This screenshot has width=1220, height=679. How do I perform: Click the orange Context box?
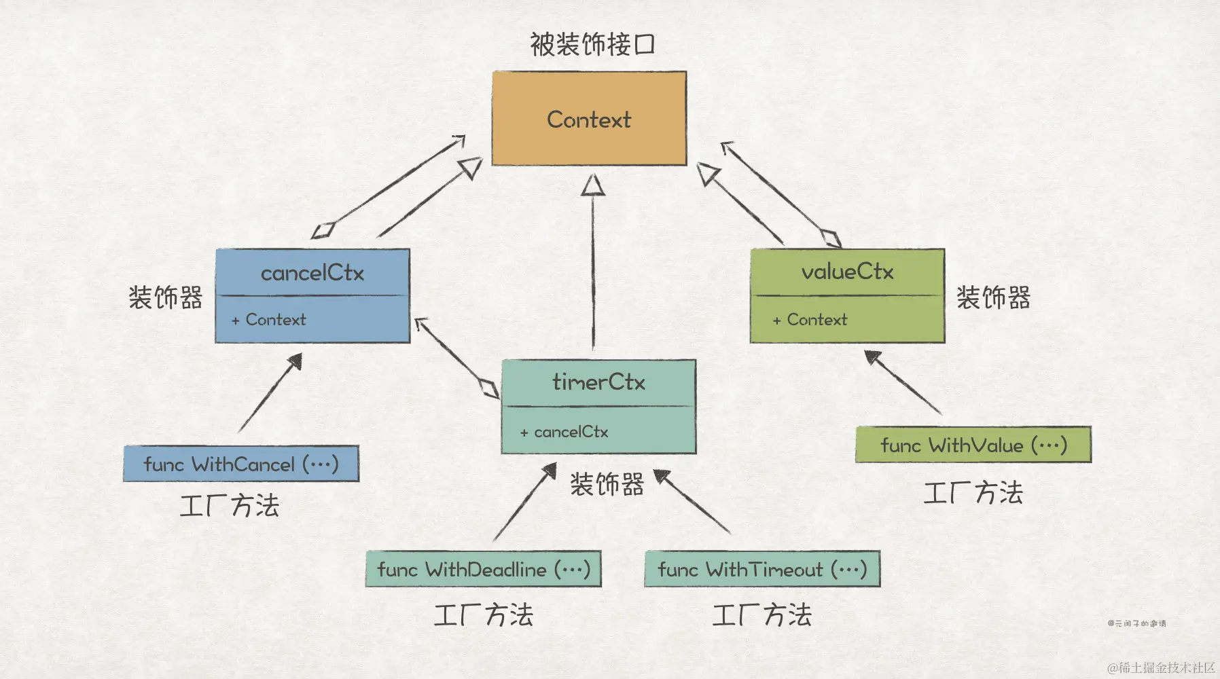coord(589,119)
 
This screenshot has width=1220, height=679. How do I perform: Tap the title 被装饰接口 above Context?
coord(592,45)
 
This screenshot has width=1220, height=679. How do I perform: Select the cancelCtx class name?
coord(312,273)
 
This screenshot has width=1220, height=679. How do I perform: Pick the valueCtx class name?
coord(847,272)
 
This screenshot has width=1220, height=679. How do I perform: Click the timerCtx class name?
coord(598,382)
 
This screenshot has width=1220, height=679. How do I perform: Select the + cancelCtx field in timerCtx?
coord(564,432)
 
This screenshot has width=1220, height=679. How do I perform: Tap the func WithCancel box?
coord(241,464)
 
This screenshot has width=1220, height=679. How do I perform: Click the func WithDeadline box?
coord(484,569)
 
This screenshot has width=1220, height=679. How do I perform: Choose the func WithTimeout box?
coord(762,569)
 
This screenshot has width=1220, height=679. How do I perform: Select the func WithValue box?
coord(973,445)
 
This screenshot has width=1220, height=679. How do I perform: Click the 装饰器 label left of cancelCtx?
coord(166,297)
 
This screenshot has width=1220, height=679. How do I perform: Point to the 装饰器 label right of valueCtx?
coord(993,297)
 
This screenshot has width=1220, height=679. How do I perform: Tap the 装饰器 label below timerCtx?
coord(607,485)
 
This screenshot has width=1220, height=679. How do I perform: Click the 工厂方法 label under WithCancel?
coord(230,506)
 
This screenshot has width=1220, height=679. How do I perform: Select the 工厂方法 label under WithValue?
coord(973,493)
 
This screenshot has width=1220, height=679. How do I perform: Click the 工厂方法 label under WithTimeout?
coord(761,615)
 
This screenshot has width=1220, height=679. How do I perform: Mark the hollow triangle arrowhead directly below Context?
coord(593,185)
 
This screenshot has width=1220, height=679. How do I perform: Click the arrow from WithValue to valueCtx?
coord(903,382)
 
